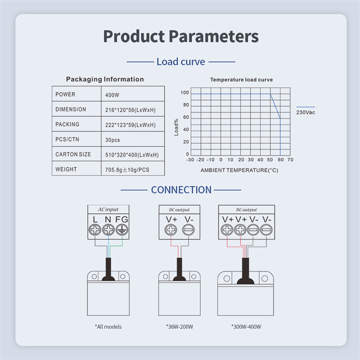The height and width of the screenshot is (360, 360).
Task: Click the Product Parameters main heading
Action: coord(180,36)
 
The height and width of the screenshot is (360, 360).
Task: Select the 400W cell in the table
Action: coord(112,95)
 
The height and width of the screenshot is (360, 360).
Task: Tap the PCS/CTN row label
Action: coord(67,139)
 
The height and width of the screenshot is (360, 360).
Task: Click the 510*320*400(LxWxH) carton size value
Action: coord(132,155)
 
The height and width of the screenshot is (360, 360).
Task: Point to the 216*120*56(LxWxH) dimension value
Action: coord(130,110)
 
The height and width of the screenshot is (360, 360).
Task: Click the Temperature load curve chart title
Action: coord(241,80)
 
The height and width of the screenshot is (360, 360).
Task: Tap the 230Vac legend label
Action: coord(306,112)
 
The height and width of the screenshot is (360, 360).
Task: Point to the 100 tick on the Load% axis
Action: coord(184,93)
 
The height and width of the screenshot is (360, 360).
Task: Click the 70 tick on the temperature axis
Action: coord(290,160)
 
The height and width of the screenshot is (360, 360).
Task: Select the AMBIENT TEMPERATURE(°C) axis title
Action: coord(239,171)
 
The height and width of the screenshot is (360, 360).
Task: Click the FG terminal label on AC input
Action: coord(121,220)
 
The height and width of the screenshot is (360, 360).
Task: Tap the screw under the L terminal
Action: coord(95,230)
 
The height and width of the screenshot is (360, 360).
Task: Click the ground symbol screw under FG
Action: coord(121,230)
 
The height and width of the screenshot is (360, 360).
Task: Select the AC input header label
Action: coord(108,210)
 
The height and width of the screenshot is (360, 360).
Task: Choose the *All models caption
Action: coord(108,327)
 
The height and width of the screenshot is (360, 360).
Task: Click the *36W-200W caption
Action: coord(179,327)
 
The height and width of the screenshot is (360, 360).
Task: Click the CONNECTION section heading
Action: coord(181,190)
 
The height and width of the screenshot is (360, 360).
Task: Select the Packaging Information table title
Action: coord(105,79)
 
